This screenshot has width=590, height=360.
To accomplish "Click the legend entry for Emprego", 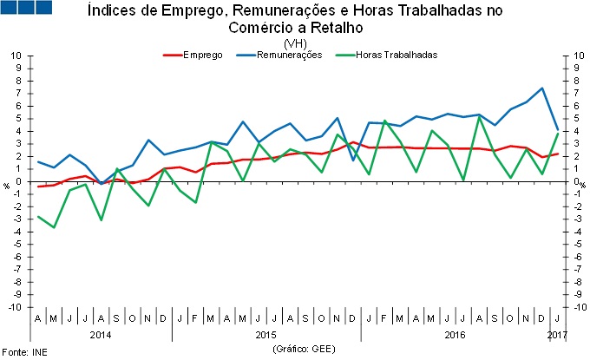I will pos(203,55).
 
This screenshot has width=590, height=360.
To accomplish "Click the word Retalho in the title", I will pos(323,27).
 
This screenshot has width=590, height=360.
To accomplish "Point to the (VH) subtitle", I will pos(294,43).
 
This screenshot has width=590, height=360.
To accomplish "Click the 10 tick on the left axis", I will pos(16,56).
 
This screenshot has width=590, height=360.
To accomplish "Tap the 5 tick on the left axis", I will pos(19,119).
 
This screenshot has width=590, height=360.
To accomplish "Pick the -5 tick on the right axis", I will pos(574,245).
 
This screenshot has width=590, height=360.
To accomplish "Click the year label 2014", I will pos(100,333).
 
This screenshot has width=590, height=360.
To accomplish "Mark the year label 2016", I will pos(455,333).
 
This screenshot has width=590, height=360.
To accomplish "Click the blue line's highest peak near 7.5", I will pos(541,88).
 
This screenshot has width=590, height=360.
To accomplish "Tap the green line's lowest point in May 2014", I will pos(54,227).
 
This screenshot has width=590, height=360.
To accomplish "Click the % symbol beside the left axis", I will pos(7,185).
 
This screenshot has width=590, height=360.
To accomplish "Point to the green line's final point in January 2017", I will pos(557,133).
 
